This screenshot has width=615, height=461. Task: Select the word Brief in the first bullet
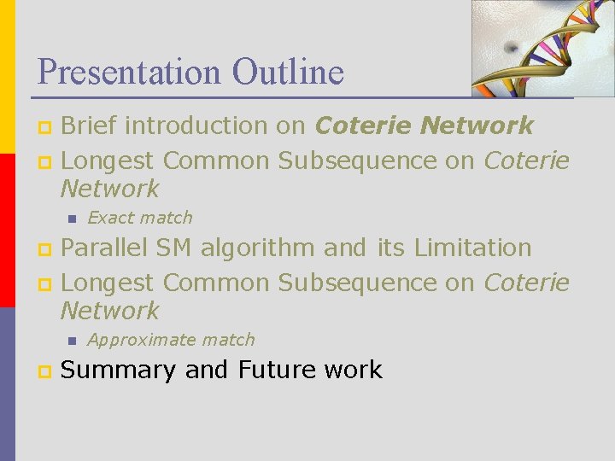(x=93, y=126)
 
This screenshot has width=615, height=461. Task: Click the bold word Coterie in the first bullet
(x=364, y=126)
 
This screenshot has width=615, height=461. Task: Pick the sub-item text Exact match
(x=140, y=218)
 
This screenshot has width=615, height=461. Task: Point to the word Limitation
(x=472, y=248)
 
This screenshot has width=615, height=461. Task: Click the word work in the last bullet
(x=354, y=370)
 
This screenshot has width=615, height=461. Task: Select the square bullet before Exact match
(x=72, y=219)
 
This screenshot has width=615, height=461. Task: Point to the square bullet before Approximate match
(x=72, y=341)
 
